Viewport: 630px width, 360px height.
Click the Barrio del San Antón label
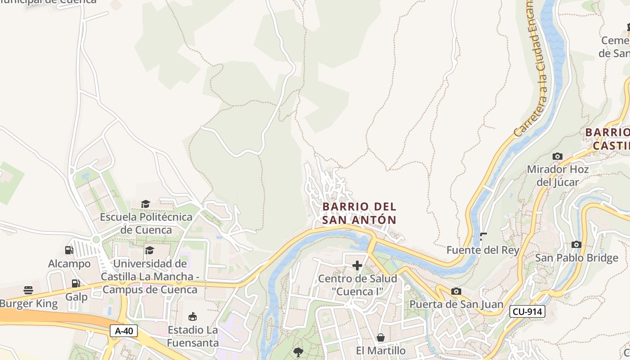[x=359, y=213]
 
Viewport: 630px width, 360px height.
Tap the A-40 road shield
[x=124, y=331]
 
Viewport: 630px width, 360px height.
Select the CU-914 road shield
[x=527, y=311]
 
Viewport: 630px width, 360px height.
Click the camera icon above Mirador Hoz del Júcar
[x=558, y=156]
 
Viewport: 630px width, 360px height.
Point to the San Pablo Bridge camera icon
[x=576, y=244]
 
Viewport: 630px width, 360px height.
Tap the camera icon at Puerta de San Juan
[x=456, y=291]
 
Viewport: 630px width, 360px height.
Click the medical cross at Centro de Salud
[x=357, y=265]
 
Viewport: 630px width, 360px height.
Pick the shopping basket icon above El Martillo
[x=381, y=337]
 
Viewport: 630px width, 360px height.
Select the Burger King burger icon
[x=28, y=290]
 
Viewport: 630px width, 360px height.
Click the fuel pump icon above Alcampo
[x=69, y=250]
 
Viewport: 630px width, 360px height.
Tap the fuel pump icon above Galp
[x=76, y=283]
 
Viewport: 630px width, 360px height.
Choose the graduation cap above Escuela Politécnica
[x=145, y=204]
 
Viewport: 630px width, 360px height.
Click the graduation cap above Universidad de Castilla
[x=149, y=250]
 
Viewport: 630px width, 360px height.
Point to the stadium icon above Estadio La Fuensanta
[x=193, y=317]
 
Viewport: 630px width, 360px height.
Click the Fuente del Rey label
[x=483, y=250]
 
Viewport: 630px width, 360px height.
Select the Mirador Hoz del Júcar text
[x=558, y=175]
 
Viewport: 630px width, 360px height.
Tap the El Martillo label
[x=381, y=351]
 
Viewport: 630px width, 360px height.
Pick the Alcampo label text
[x=69, y=264]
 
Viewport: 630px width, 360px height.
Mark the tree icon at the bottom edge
[x=298, y=352]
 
